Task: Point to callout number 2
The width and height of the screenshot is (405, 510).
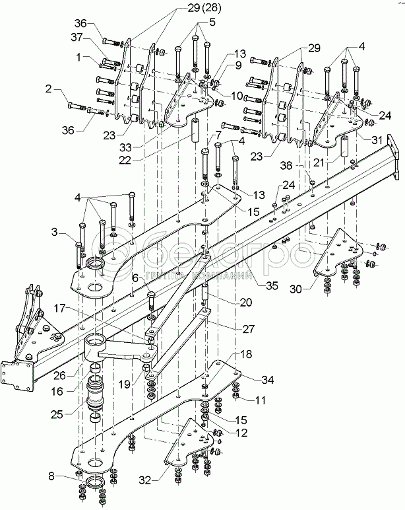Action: [x=49, y=87]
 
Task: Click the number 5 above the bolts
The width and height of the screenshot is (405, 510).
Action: [x=212, y=22]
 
